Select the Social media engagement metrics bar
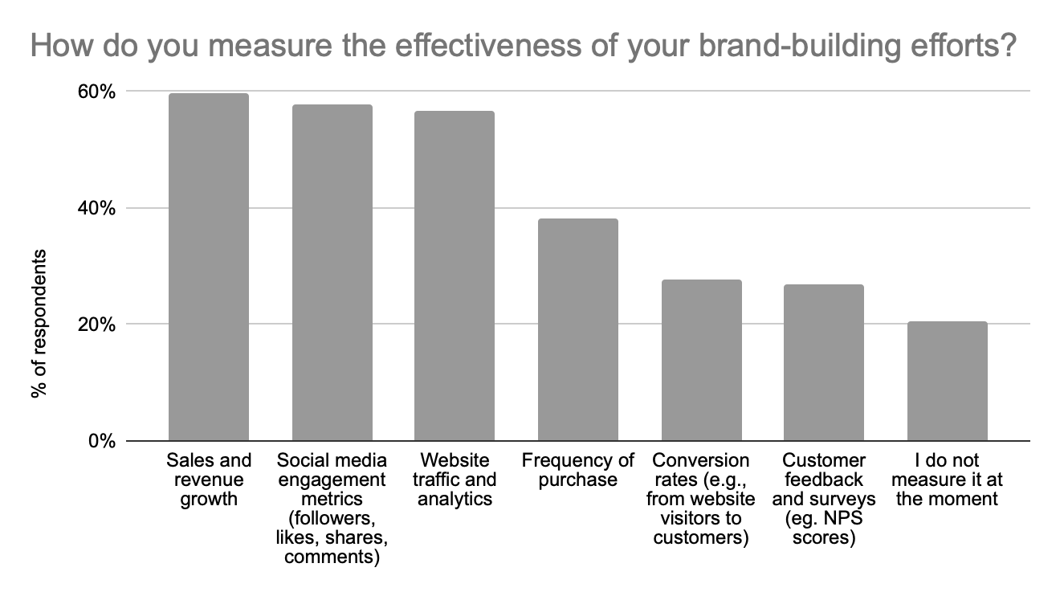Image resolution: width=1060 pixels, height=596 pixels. point(332,273)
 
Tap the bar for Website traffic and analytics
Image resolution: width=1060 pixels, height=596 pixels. point(455,276)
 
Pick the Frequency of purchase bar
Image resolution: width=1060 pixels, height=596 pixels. point(577,329)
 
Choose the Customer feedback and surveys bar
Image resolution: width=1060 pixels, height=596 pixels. point(824,362)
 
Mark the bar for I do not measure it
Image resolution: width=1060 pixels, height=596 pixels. point(947,381)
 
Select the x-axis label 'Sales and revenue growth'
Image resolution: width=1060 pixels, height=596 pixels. point(208,480)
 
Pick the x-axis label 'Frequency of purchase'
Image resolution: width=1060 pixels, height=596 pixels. point(577,470)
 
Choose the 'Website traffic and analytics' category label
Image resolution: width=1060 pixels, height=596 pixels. point(455,480)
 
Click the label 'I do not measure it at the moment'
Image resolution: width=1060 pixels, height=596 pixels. point(947,480)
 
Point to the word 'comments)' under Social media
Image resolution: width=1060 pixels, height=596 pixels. point(332,557)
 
